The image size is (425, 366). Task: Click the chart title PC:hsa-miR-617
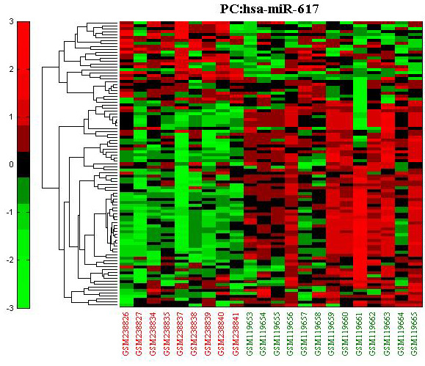(269, 10)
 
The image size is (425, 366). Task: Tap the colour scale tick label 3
(11, 21)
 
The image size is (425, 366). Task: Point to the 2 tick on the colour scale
(11, 69)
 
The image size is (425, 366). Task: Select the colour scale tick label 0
(11, 164)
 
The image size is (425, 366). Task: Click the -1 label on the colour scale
(10, 212)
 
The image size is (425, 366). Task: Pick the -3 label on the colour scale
(10, 308)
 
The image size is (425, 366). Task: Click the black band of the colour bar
(23, 164)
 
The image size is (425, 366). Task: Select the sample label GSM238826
(126, 334)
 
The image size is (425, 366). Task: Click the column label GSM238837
(181, 334)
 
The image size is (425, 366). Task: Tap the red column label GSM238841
(236, 334)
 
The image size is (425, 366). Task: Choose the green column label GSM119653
(250, 334)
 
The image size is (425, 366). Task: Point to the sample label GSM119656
(290, 334)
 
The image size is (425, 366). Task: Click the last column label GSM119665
(414, 334)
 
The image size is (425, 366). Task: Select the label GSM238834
(153, 334)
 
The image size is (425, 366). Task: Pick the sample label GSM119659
(332, 334)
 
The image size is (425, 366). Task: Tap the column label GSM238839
(208, 334)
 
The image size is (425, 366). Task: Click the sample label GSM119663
(387, 334)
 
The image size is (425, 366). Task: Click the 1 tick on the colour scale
(11, 117)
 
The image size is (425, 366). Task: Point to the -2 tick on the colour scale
(10, 260)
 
